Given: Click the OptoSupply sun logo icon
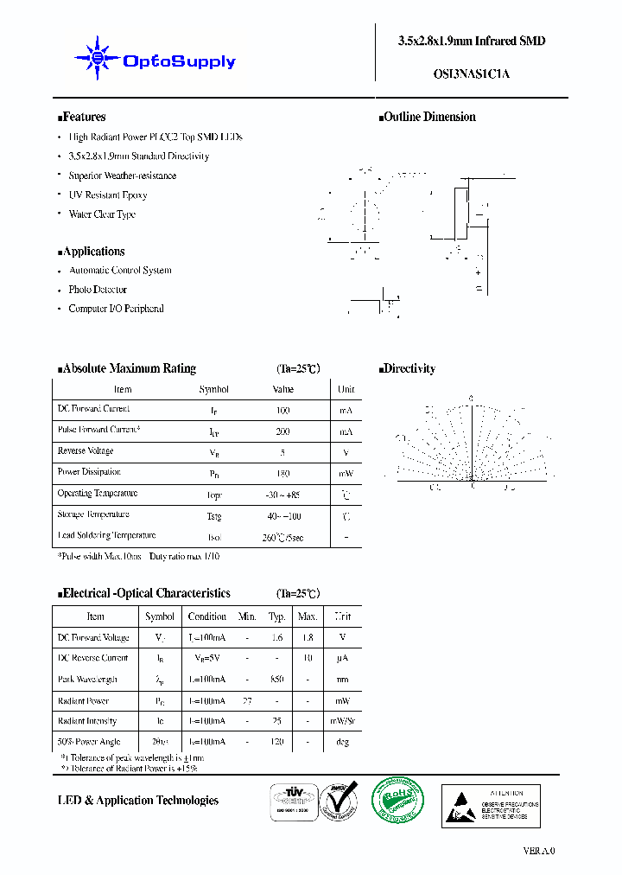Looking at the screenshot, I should [x=97, y=58].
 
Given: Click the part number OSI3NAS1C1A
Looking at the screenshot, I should [x=471, y=73].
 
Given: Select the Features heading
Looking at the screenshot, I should [x=82, y=117].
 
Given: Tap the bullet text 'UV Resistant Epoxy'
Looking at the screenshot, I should [x=108, y=195].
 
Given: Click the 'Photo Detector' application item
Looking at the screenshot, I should [x=98, y=290].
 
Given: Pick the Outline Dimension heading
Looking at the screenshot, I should [x=428, y=117].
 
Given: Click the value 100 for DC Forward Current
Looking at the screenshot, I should [x=282, y=410].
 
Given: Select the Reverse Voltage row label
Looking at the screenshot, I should [x=86, y=451].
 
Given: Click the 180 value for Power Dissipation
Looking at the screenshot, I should [x=282, y=473].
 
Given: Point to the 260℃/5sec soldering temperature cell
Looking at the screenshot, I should [x=282, y=537].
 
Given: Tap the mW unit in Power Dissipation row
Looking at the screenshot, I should [x=346, y=473].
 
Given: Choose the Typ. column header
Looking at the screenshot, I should [x=276, y=616].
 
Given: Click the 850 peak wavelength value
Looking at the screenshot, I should [x=276, y=680].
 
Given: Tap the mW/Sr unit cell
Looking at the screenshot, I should [x=345, y=721].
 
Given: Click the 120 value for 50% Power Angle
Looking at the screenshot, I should [x=276, y=742].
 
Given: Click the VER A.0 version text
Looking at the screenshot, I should [x=539, y=851].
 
